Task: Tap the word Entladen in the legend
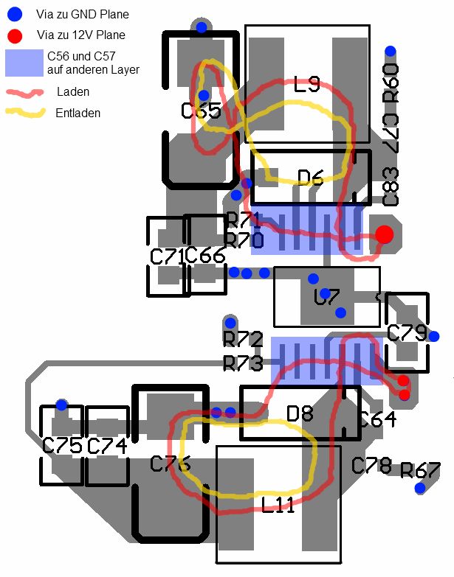78,113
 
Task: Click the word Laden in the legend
73,92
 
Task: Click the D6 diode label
311,177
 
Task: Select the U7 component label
326,298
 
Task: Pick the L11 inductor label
278,506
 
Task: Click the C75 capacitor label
62,446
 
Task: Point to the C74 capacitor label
107,446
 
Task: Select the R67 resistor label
420,470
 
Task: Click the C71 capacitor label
167,257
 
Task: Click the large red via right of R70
384,234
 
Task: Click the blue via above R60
391,52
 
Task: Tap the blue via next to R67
420,488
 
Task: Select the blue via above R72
230,323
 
